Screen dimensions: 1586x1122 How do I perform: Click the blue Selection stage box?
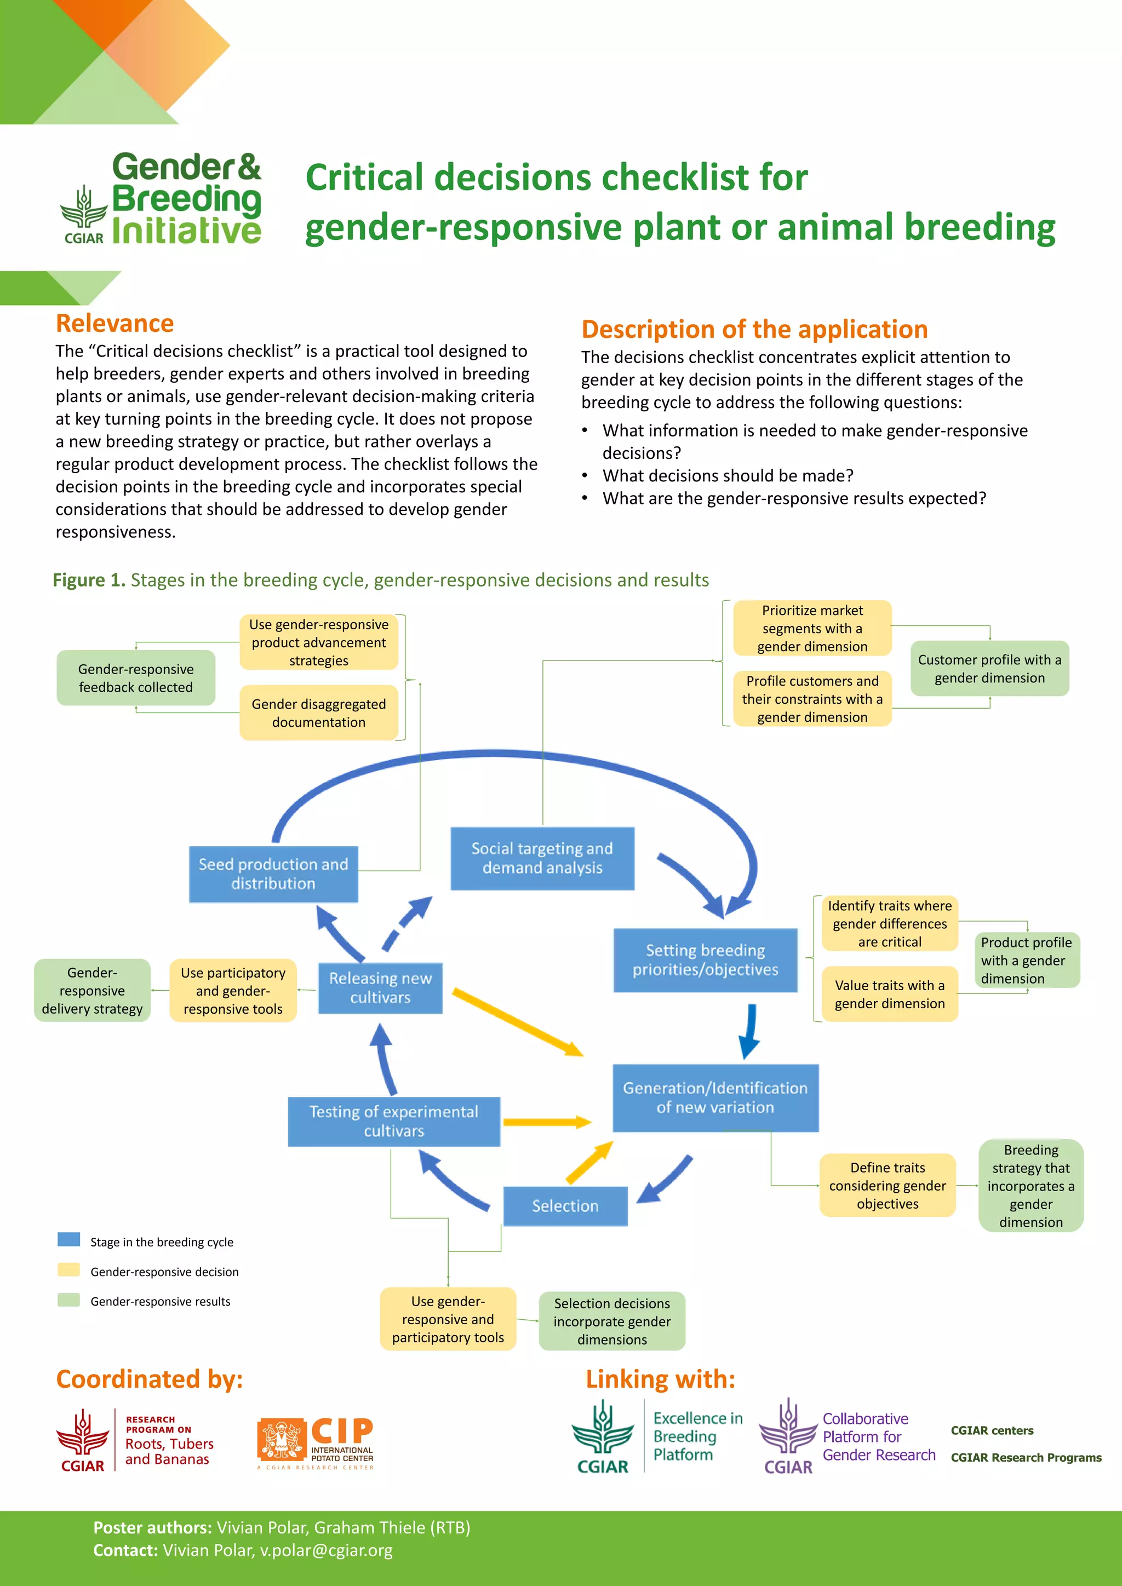[x=565, y=1206]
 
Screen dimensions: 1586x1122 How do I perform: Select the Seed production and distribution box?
[x=273, y=874]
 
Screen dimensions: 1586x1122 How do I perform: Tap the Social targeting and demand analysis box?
[x=542, y=858]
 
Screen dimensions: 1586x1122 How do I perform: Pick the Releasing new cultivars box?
[x=380, y=988]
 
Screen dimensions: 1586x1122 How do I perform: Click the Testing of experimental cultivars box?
[x=394, y=1121]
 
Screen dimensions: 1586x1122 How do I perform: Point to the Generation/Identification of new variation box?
[x=715, y=1097]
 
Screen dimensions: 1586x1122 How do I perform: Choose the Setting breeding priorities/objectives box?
[x=706, y=960]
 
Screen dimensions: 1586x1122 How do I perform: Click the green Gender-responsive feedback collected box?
[x=136, y=677]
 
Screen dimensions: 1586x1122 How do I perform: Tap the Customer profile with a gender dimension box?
[x=989, y=669]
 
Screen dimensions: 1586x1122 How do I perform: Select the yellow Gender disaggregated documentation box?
[x=318, y=713]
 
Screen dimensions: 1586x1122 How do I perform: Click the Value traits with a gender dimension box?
[x=889, y=994]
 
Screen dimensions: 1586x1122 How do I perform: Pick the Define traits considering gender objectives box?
[x=887, y=1185]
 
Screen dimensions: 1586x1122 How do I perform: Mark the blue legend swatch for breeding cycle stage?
[x=68, y=1239]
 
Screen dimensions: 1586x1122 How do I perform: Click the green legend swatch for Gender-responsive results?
[x=68, y=1300]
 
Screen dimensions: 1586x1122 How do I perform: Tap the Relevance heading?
[x=115, y=323]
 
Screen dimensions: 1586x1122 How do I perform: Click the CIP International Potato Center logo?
[x=316, y=1443]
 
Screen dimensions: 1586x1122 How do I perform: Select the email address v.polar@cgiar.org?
[x=325, y=1550]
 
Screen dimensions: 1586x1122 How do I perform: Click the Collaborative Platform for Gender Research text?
[x=878, y=1437]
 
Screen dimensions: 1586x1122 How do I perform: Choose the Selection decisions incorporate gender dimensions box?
[x=611, y=1321]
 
